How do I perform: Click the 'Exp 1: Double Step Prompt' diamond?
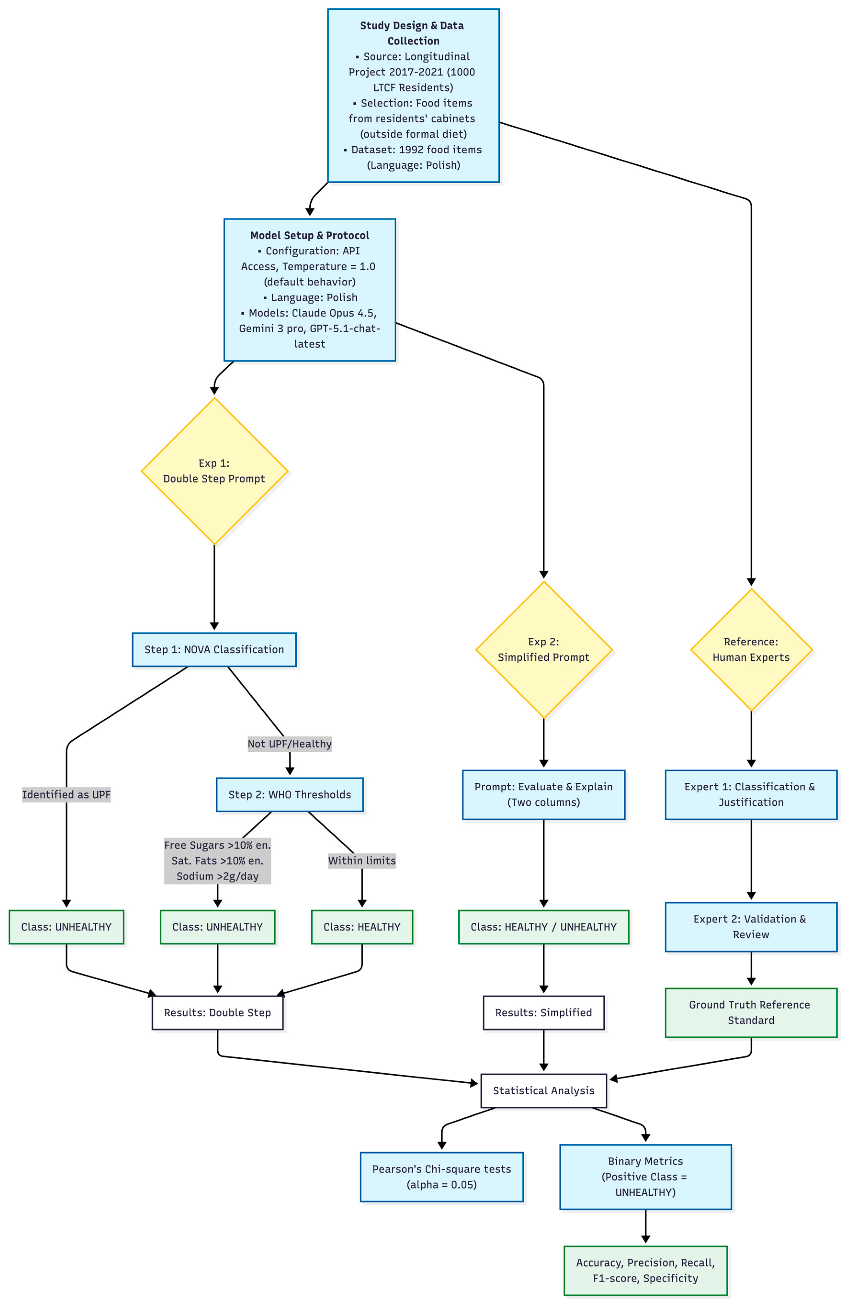(214, 471)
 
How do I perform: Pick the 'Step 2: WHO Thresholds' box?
(290, 795)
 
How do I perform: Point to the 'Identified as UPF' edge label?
(67, 795)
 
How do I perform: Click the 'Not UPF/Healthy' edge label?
(290, 744)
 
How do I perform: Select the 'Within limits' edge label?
(362, 861)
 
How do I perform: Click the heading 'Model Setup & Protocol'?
(310, 235)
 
